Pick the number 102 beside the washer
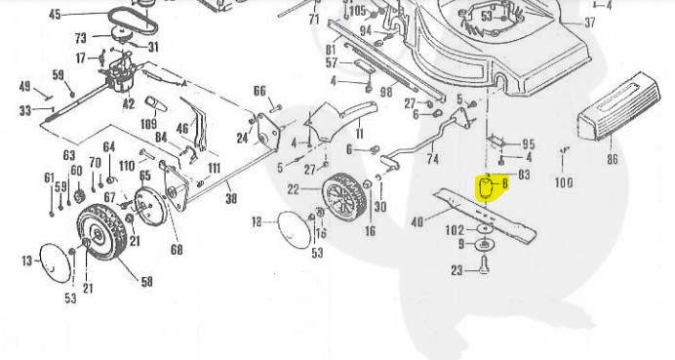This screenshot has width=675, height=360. (x=455, y=230)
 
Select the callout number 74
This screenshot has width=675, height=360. (x=432, y=157)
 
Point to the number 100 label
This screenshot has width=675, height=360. (x=564, y=182)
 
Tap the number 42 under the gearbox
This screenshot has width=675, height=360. (x=128, y=102)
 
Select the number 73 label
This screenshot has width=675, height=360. (x=81, y=37)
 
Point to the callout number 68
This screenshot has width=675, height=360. (x=177, y=250)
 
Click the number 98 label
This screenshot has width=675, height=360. (x=386, y=92)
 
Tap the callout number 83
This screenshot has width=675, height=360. (x=523, y=175)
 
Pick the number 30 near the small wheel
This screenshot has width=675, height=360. (x=380, y=207)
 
